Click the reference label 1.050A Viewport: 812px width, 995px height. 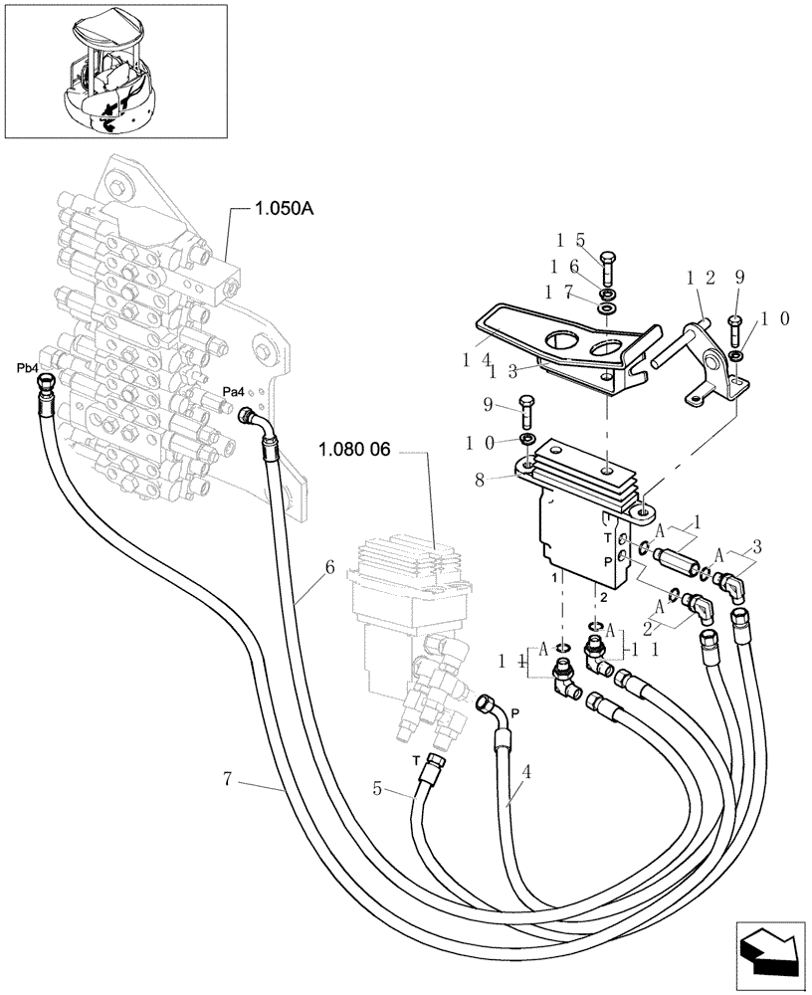pyautogui.click(x=285, y=209)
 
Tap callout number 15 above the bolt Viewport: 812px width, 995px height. pyautogui.click(x=569, y=240)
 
